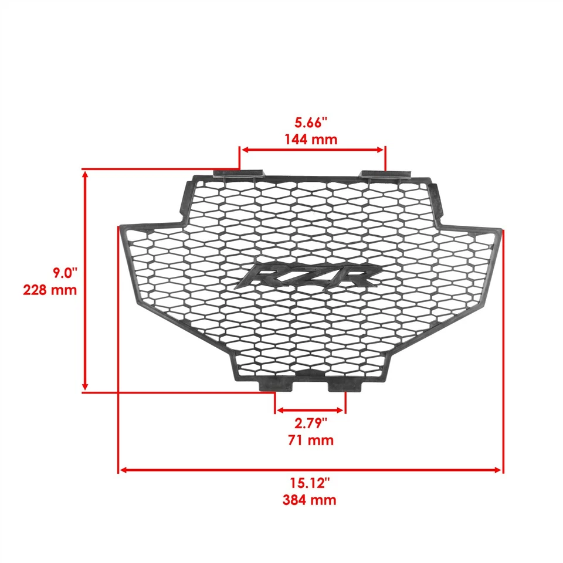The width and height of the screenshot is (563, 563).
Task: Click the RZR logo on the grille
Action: coord(308,275)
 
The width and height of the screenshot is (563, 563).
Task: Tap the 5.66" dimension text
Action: coord(311,123)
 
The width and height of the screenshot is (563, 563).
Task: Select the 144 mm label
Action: coord(311,140)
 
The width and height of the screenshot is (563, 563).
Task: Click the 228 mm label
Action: coord(50,290)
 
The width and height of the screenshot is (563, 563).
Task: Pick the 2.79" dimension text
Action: coord(311,423)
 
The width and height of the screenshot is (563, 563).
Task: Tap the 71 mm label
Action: coord(311,440)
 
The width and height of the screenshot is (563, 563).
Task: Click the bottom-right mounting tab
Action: coord(344,385)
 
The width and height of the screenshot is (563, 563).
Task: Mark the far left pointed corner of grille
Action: coord(121,227)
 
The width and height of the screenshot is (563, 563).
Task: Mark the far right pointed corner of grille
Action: coord(501,229)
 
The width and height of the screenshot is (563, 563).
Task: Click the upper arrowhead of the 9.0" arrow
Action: coord(86,174)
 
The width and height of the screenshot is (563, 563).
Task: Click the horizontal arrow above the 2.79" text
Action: coord(310,410)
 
